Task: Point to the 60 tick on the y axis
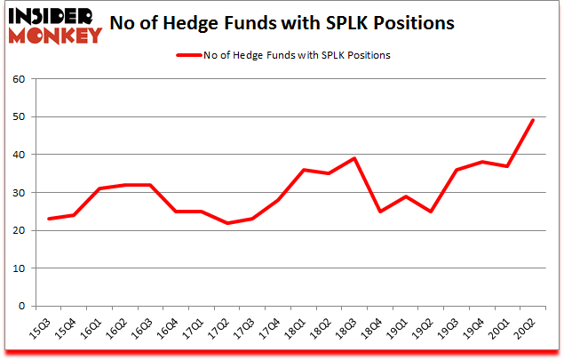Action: [x=20, y=79]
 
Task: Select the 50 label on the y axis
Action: [x=20, y=117]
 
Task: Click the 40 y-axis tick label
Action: [x=20, y=155]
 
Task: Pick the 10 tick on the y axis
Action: [x=20, y=268]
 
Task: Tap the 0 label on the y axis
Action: [x=22, y=306]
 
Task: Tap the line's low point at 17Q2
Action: [x=229, y=223]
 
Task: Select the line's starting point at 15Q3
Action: [x=49, y=219]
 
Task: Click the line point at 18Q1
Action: [x=306, y=170]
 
